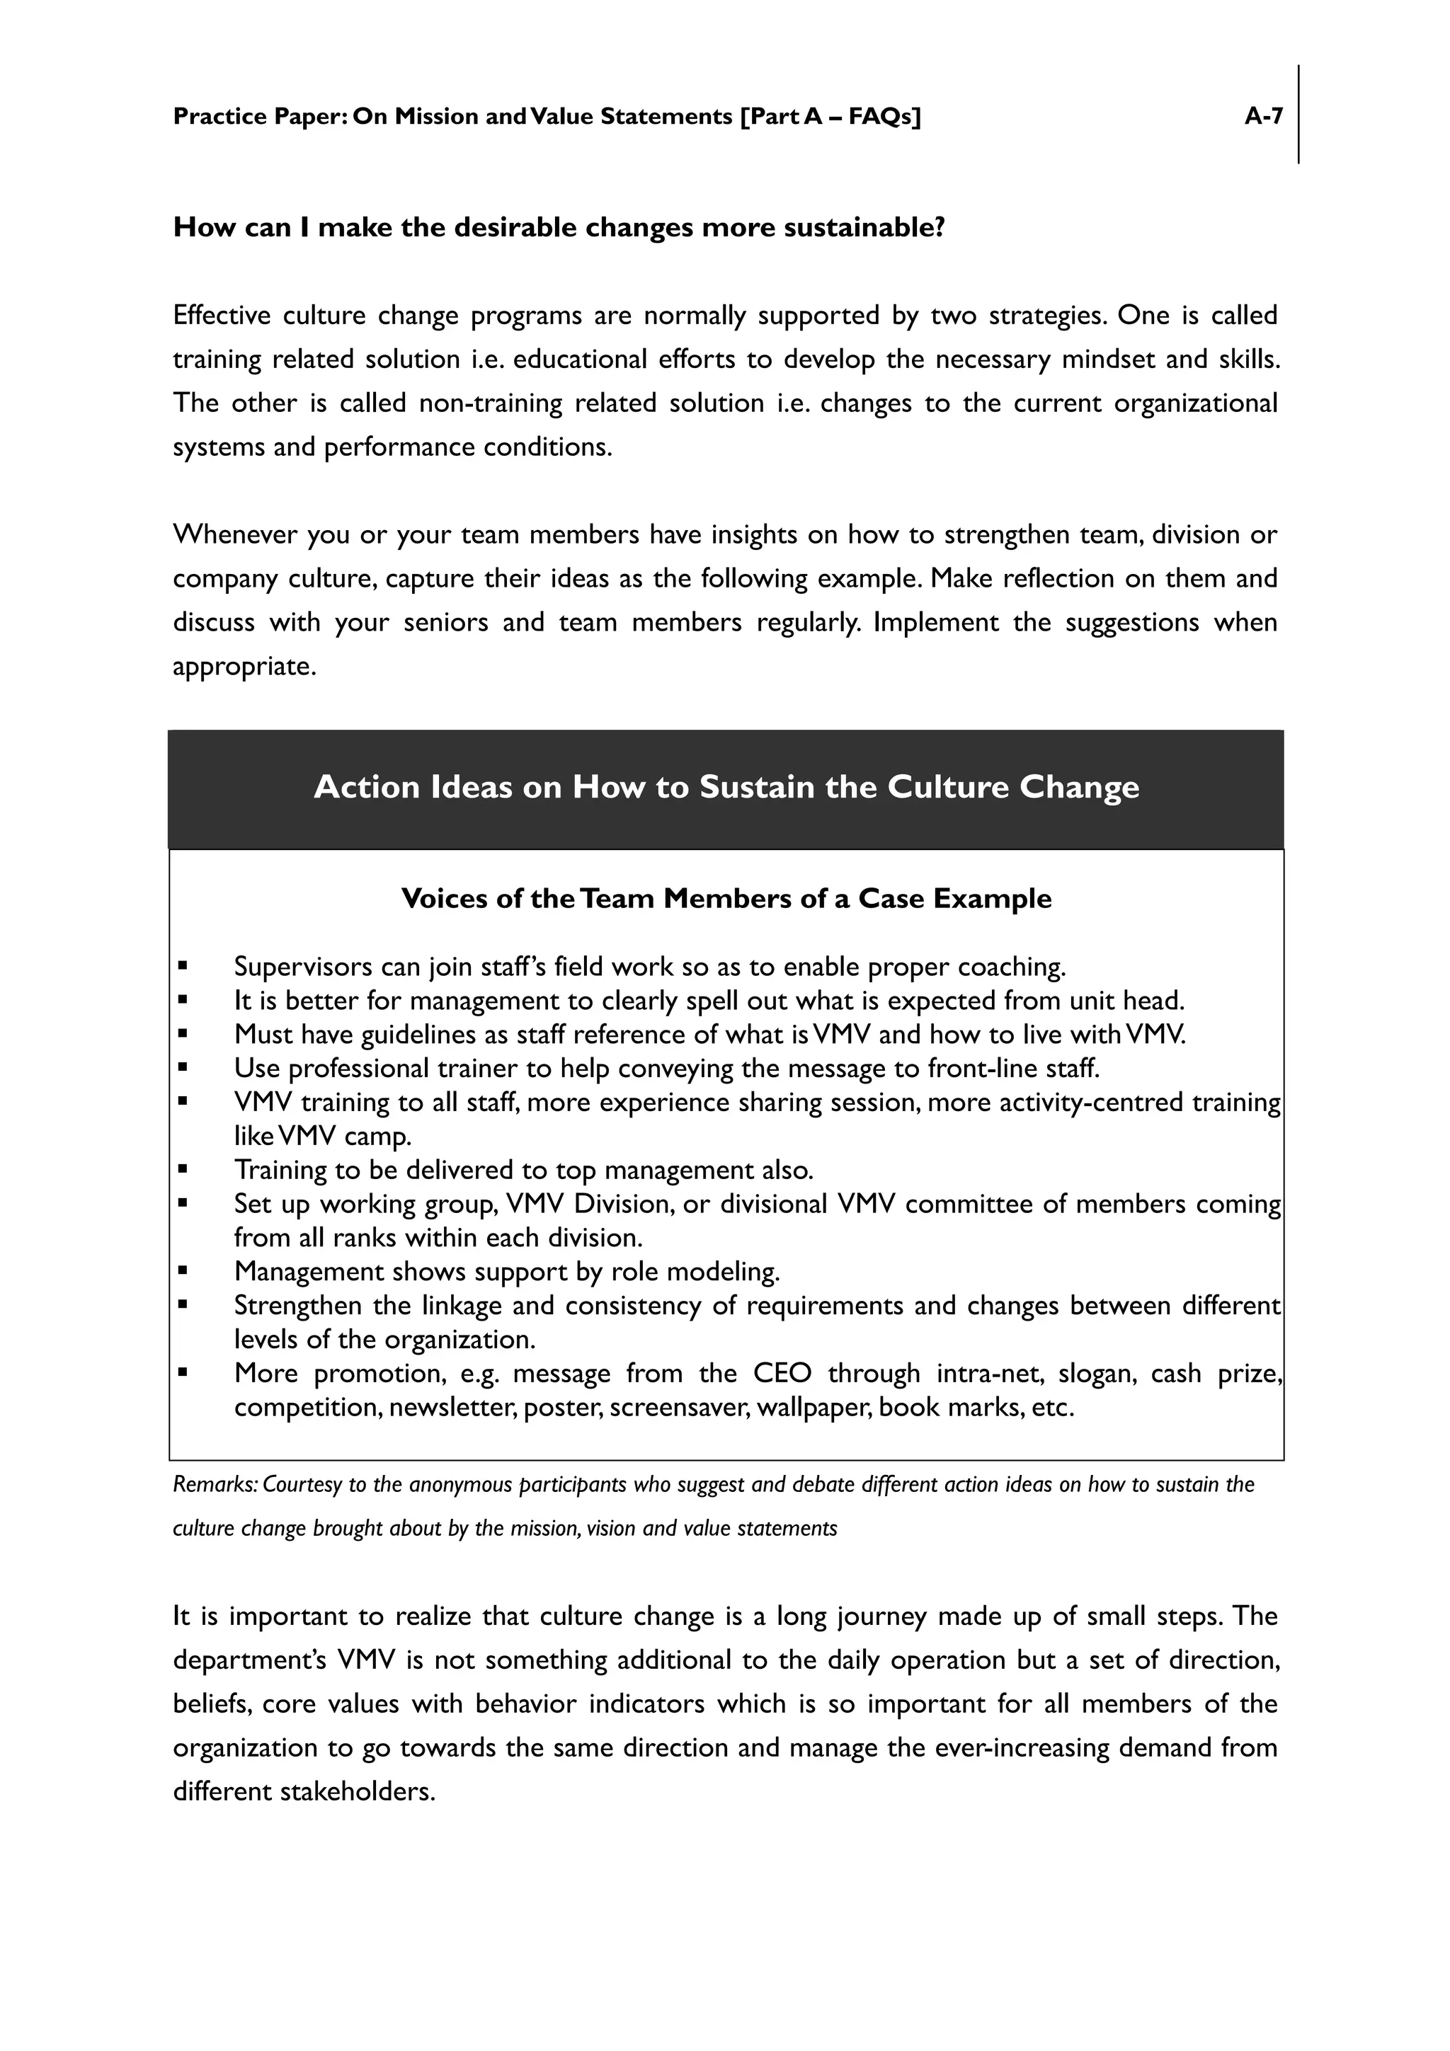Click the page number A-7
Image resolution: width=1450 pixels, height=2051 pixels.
coord(1263,116)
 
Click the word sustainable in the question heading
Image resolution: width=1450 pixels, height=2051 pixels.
coord(864,228)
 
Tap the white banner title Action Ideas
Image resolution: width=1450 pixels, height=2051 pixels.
coord(726,787)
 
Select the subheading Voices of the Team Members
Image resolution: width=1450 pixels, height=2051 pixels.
coord(726,898)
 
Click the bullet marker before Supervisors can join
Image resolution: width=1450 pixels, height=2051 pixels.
coord(182,965)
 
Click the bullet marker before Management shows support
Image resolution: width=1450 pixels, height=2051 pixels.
coord(182,1270)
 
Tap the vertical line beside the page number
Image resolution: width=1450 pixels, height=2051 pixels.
coord(1298,115)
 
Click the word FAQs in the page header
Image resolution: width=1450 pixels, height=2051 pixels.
coord(879,116)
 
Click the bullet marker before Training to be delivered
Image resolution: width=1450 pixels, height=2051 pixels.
coord(182,1168)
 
